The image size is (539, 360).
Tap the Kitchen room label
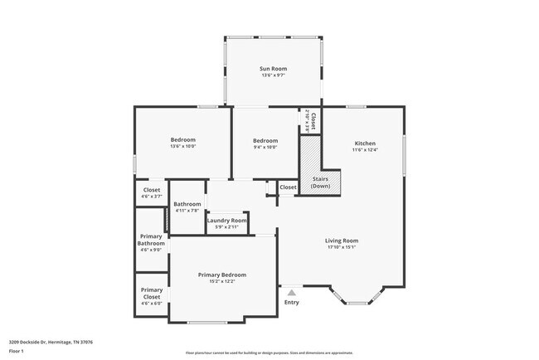365,142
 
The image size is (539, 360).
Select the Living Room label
341,241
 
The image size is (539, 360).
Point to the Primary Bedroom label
221,275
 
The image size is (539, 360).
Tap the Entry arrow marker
291,292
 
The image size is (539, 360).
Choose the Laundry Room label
227,220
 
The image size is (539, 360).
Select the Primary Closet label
151,293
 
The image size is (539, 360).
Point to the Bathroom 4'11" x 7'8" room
187,207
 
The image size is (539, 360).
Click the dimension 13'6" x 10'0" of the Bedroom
183,148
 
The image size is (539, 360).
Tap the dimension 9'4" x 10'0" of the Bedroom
265,148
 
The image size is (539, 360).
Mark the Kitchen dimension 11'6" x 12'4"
365,150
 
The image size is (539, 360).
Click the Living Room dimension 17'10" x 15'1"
341,248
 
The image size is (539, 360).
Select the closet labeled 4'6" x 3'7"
151,192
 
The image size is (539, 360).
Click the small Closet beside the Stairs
288,187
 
